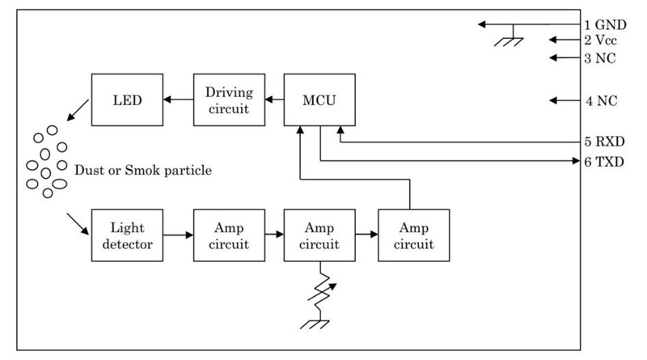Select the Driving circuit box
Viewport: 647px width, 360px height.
pos(230,100)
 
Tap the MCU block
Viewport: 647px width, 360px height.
pos(320,100)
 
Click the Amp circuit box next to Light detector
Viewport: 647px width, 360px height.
pos(230,235)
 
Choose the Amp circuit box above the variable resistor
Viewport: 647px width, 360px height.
pos(320,235)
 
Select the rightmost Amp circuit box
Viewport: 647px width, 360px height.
pos(413,235)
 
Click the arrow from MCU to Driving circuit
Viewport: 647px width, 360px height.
pos(275,100)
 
